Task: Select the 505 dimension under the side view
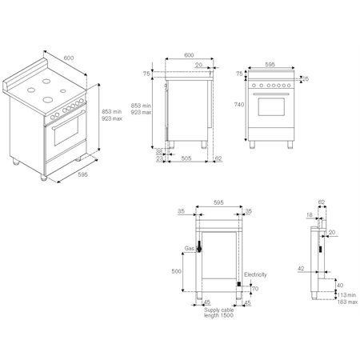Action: [x=186, y=158]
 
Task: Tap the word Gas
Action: [x=189, y=249]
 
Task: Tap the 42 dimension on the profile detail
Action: [x=302, y=269]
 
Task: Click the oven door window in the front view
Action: [x=271, y=112]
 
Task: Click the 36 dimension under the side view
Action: [x=159, y=150]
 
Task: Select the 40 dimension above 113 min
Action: [x=338, y=285]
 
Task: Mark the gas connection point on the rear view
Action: [x=199, y=249]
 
